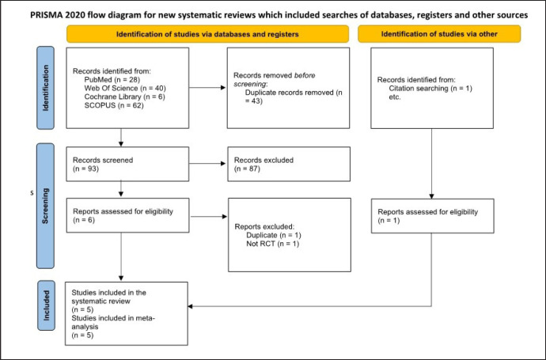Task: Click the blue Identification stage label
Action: [46, 88]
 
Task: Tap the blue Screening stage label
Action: [45, 206]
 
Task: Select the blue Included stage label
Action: [46, 305]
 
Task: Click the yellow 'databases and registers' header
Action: [207, 34]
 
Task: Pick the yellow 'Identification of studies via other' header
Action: [439, 34]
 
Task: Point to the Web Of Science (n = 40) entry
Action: [125, 88]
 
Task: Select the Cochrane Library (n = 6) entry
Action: [125, 97]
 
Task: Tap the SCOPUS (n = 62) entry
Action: [114, 105]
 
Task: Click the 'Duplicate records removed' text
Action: [290, 93]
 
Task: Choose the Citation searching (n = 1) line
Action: [430, 89]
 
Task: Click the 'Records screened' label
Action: [103, 160]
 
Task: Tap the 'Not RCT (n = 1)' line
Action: [273, 244]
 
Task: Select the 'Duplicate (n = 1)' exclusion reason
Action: [274, 235]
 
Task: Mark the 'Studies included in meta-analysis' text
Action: [113, 322]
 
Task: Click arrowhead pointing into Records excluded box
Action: [224, 164]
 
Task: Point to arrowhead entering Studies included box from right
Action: [190, 306]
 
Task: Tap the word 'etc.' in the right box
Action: [395, 97]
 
